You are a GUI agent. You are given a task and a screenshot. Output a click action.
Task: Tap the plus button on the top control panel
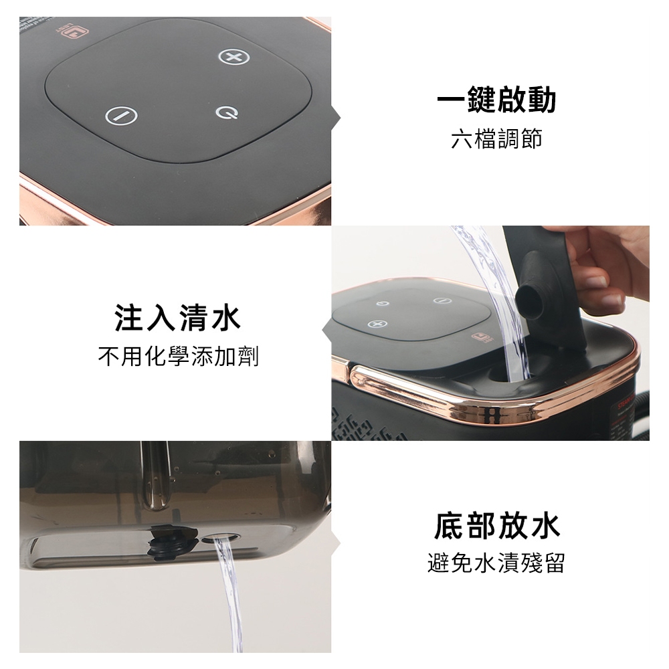[x=233, y=57]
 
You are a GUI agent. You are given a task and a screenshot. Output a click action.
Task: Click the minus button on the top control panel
[x=122, y=116]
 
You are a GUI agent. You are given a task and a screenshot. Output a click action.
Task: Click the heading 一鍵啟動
[x=496, y=100]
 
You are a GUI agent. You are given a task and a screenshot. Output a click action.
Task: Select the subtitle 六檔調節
[x=496, y=139]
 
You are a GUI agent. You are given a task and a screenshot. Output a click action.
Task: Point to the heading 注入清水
[x=177, y=318]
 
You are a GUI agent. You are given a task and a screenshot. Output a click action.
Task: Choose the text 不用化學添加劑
[x=179, y=357]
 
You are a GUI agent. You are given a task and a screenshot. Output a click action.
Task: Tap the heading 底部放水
[x=496, y=526]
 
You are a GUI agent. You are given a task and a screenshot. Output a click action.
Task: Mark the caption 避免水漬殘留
[x=496, y=563]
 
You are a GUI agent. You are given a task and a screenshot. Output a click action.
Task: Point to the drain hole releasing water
[x=221, y=538]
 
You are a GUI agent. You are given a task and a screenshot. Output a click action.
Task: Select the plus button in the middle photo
[x=377, y=324]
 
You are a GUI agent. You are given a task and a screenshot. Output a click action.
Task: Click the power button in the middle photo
[x=383, y=303]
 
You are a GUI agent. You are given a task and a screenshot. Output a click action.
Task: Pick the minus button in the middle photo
[x=442, y=300]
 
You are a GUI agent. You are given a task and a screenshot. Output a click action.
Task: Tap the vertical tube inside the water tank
[x=156, y=476]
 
